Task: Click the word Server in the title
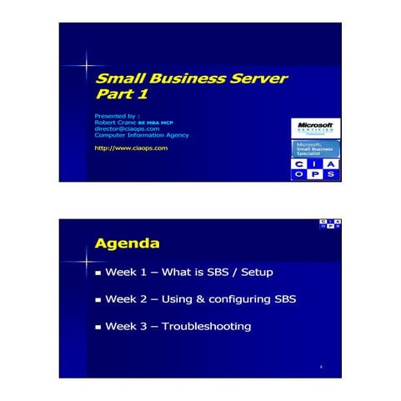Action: [x=258, y=78]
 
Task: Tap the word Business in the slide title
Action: [x=183, y=78]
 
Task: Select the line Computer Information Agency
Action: [x=142, y=135]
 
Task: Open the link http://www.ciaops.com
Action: [x=132, y=148]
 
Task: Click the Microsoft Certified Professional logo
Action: [x=315, y=127]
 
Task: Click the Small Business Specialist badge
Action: [x=315, y=148]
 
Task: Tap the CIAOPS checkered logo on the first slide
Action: [x=315, y=170]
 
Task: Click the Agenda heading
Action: [x=127, y=244]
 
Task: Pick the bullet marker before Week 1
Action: [x=98, y=273]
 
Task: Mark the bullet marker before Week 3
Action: [x=98, y=327]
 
